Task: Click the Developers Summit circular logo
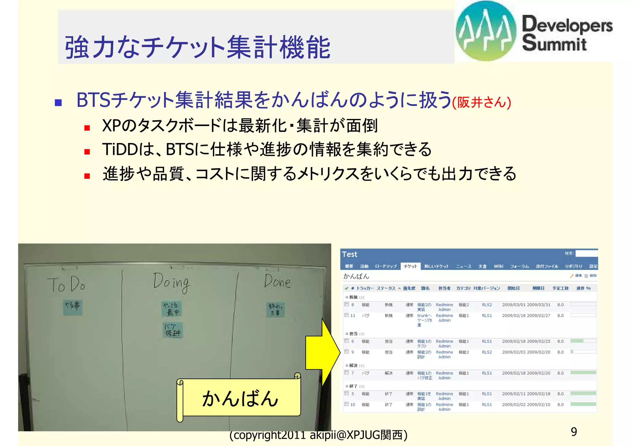486,31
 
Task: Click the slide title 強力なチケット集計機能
197,47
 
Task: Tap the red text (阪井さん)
482,102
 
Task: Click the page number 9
574,432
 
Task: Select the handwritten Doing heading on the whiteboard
171,282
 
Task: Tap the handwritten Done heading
277,281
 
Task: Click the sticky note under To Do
73,307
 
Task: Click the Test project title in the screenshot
350,254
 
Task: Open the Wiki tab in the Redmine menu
498,266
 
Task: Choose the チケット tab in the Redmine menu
410,266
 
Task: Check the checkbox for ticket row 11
347,315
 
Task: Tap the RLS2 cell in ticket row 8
487,305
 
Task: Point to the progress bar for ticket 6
583,341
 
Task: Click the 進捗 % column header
583,288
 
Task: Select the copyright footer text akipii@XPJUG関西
318,435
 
